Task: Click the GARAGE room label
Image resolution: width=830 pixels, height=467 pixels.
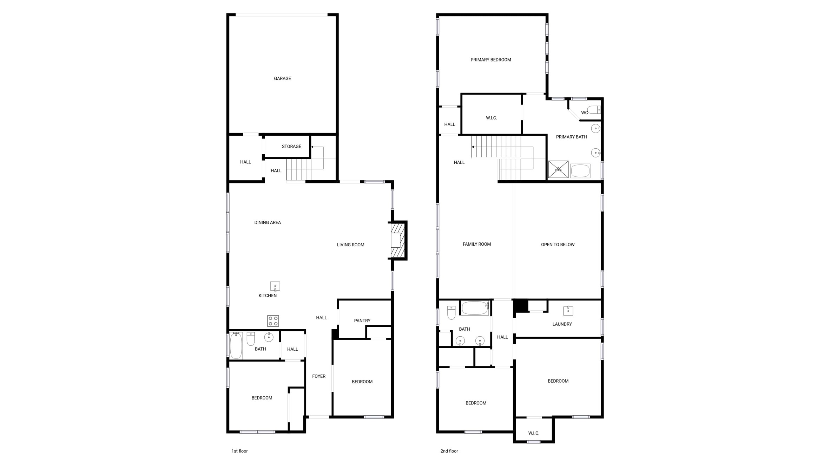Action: (282, 79)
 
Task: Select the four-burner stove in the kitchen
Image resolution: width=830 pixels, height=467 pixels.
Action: (273, 321)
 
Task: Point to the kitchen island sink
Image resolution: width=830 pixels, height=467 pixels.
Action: (275, 286)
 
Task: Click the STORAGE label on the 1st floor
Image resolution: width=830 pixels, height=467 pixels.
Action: (291, 147)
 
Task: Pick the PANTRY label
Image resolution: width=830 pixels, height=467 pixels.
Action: (362, 321)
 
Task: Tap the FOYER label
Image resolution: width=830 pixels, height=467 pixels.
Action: (319, 376)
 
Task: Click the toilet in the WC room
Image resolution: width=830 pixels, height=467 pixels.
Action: (594, 110)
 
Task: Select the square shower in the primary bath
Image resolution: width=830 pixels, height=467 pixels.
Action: (558, 169)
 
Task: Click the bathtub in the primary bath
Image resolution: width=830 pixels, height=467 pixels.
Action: (580, 171)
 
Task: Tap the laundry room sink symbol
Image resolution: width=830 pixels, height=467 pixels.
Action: (568, 311)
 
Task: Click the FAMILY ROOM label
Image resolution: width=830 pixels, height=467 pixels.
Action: (476, 244)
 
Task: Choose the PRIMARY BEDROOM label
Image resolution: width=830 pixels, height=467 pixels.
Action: (490, 60)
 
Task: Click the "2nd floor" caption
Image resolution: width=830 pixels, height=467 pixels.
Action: (449, 451)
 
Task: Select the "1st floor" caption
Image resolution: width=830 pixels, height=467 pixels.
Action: (239, 451)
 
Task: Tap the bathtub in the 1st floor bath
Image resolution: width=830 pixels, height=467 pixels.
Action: (236, 346)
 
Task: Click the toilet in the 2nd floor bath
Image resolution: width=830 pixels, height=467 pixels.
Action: (451, 312)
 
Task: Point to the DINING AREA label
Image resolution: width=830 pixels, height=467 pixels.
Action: (268, 223)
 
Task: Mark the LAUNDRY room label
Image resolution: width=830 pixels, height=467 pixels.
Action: (562, 324)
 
